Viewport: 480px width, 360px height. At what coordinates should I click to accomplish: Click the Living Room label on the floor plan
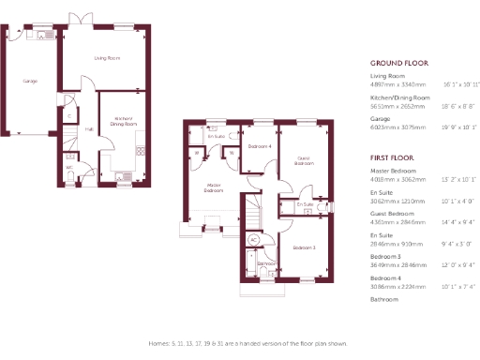pyautogui.click(x=107, y=58)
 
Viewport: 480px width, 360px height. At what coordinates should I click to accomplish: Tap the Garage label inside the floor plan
pyautogui.click(x=30, y=82)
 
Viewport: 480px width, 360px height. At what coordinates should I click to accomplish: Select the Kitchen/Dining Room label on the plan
pyautogui.click(x=124, y=121)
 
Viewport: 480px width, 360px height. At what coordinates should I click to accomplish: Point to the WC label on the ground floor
pyautogui.click(x=69, y=169)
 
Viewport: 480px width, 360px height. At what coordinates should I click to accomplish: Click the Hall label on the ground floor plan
pyautogui.click(x=89, y=129)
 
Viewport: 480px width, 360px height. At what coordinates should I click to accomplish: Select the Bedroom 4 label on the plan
pyautogui.click(x=260, y=146)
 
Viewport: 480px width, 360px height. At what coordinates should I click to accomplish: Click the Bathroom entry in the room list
pyautogui.click(x=385, y=299)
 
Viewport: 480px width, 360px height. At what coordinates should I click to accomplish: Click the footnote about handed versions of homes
pyautogui.click(x=241, y=343)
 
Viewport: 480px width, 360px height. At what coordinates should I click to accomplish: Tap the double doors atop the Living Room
pyautogui.click(x=85, y=19)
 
